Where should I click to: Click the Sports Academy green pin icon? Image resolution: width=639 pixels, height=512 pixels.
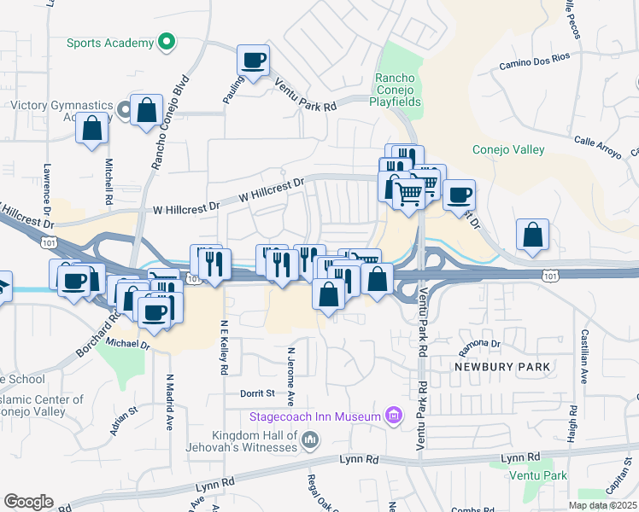[x=167, y=42]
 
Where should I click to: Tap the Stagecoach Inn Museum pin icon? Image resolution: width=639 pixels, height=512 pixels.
[x=393, y=416]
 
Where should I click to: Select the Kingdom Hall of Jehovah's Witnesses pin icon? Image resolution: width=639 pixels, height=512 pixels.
[x=309, y=440]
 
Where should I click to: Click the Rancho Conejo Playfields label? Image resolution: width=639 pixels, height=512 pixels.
[x=395, y=90]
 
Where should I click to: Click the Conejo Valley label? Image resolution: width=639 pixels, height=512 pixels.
[x=508, y=150]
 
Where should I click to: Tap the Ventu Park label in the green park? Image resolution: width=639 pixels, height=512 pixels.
[x=537, y=474]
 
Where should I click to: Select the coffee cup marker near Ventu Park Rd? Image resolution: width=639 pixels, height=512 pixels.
[x=253, y=60]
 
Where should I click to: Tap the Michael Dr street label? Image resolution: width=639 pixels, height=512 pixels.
[x=128, y=345]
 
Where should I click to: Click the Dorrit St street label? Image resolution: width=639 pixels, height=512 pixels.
[x=257, y=393]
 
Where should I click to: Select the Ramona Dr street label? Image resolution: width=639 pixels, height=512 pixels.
[x=478, y=344]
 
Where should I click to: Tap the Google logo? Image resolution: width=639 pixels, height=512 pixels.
[x=28, y=502]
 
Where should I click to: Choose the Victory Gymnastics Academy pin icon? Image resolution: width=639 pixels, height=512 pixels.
[x=124, y=108]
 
